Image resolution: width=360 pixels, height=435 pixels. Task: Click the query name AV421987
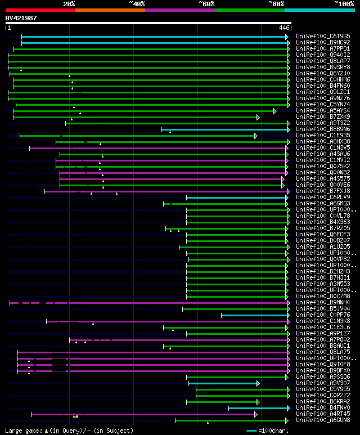click(21, 18)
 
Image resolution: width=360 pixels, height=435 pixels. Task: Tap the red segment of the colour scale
click(40, 10)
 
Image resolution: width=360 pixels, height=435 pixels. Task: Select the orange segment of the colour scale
click(110, 10)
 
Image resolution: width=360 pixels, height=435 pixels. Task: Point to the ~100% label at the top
click(344, 3)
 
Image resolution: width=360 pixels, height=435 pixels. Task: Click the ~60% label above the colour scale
click(206, 3)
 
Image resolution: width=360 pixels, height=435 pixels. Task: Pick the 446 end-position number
click(284, 28)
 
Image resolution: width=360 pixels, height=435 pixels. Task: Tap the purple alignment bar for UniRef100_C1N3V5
click(157, 148)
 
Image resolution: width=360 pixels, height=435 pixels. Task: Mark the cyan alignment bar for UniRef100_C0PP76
click(254, 315)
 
